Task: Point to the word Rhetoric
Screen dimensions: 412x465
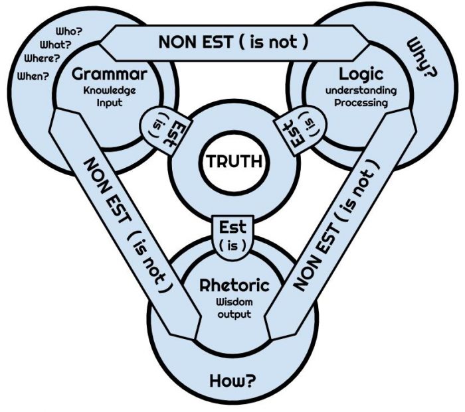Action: [x=234, y=286]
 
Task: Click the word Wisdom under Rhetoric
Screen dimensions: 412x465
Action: [x=234, y=302]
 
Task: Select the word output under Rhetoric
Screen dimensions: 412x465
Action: [x=234, y=314]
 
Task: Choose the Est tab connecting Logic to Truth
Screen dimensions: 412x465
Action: [x=302, y=126]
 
